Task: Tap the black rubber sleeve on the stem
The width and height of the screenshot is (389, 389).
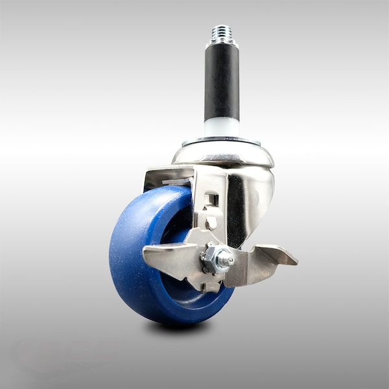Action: tap(222, 81)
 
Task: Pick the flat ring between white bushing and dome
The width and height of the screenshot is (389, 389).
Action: tap(221, 140)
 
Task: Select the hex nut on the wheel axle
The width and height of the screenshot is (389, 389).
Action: tap(213, 257)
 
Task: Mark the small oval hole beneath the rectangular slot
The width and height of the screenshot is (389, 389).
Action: tap(211, 222)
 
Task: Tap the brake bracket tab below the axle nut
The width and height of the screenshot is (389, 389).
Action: tap(212, 286)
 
